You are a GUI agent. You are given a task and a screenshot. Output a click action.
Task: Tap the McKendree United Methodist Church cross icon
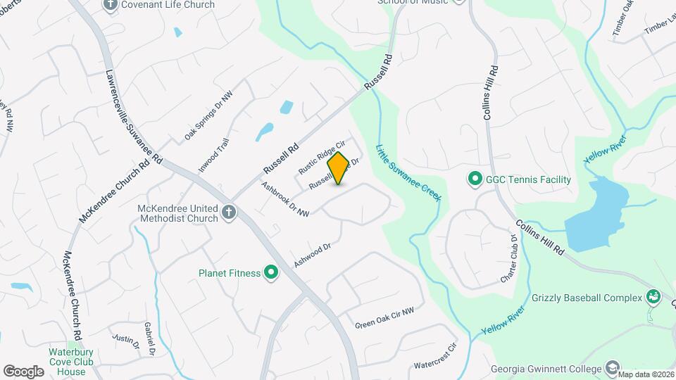point(229,212)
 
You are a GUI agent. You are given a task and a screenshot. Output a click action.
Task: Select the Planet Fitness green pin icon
point(270,273)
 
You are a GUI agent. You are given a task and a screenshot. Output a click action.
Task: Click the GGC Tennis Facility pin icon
point(475,179)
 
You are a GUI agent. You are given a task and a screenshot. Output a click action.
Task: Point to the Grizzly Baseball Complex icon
point(652,297)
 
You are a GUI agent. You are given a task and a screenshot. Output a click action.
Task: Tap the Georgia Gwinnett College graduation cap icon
point(613,368)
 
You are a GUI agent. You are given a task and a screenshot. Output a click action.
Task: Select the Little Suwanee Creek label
point(408,173)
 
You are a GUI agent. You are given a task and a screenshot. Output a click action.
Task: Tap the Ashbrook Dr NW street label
point(285,200)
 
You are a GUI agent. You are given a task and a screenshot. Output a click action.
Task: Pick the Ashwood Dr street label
point(313,255)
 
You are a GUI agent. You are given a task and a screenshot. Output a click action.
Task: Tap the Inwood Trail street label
point(213,156)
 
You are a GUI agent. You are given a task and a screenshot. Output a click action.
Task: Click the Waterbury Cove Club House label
point(71,362)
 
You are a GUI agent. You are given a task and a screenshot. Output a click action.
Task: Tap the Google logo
point(23,371)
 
